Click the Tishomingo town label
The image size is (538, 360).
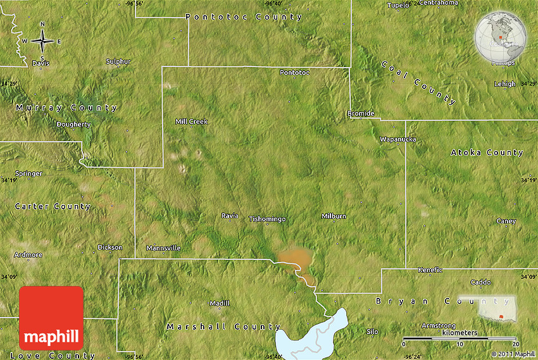click(267, 219)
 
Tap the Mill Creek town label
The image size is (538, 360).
click(191, 121)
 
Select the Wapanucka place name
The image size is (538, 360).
click(398, 139)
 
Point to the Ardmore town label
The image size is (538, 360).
click(29, 255)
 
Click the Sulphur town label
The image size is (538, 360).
click(118, 61)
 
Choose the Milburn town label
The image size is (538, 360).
click(334, 216)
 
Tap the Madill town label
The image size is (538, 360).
click(220, 303)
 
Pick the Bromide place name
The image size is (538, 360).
click(361, 114)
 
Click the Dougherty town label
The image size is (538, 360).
click(73, 125)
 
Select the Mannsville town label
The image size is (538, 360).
click(163, 248)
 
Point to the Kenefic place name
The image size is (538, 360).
click(430, 270)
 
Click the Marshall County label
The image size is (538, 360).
click(223, 327)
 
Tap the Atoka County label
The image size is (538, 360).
click(487, 152)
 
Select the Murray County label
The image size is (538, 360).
click(67, 108)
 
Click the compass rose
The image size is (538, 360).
click(42, 41)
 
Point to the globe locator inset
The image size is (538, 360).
click(500, 38)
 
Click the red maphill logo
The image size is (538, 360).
click(51, 318)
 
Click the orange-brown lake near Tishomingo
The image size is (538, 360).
click(295, 258)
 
